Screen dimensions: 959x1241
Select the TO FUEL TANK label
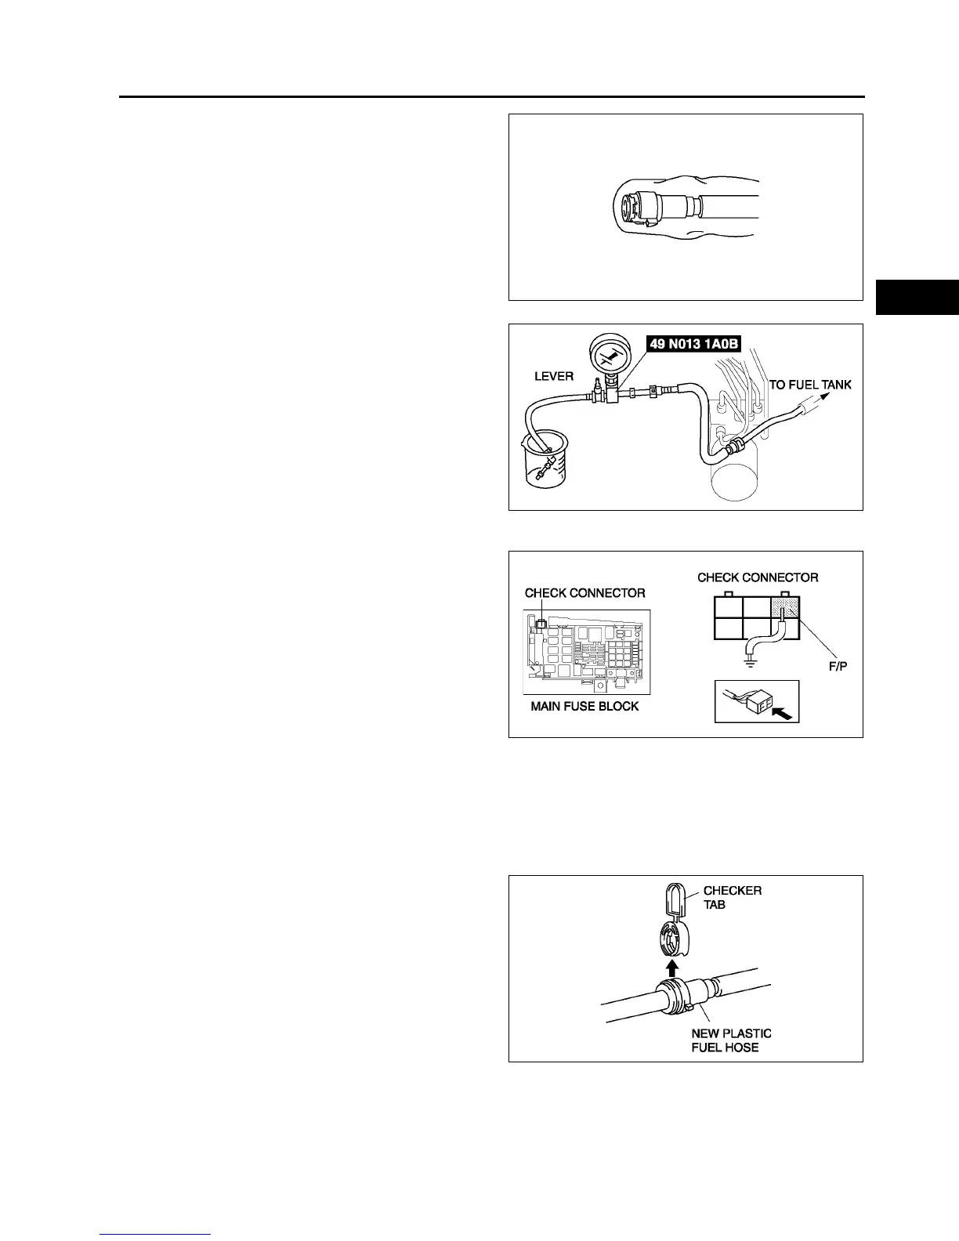[809, 384]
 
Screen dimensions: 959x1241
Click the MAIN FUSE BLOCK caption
[584, 706]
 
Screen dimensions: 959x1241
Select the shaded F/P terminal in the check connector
[784, 607]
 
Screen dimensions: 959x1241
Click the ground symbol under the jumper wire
[750, 664]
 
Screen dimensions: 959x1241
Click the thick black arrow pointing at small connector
[783, 712]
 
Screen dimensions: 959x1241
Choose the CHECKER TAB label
[731, 897]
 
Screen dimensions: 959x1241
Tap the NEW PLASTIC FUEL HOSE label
[730, 1040]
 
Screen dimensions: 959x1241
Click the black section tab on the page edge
[917, 297]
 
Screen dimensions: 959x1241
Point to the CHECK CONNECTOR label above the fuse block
[584, 593]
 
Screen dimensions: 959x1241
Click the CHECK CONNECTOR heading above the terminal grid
[758, 577]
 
